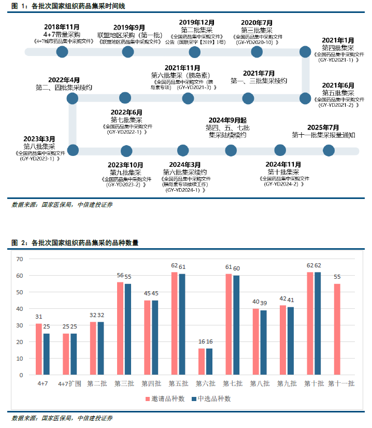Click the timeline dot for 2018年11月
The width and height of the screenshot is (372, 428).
[x=62, y=51]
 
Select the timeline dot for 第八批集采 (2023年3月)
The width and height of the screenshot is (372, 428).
[x=73, y=150]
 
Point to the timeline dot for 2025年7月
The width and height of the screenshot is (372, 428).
[x=328, y=150]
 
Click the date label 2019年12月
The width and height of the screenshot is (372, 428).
[x=196, y=22]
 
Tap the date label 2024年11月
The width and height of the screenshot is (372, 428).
[x=283, y=164]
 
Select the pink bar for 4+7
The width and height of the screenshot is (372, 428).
[x=39, y=349]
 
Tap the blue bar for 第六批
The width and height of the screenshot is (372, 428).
[x=209, y=361]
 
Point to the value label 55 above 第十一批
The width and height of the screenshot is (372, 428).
[x=337, y=277]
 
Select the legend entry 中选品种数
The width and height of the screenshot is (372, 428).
[x=210, y=398]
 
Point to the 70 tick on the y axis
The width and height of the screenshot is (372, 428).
[x=20, y=259]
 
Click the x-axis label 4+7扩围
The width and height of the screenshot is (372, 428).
[x=69, y=384]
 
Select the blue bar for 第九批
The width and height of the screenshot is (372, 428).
[x=290, y=340]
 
